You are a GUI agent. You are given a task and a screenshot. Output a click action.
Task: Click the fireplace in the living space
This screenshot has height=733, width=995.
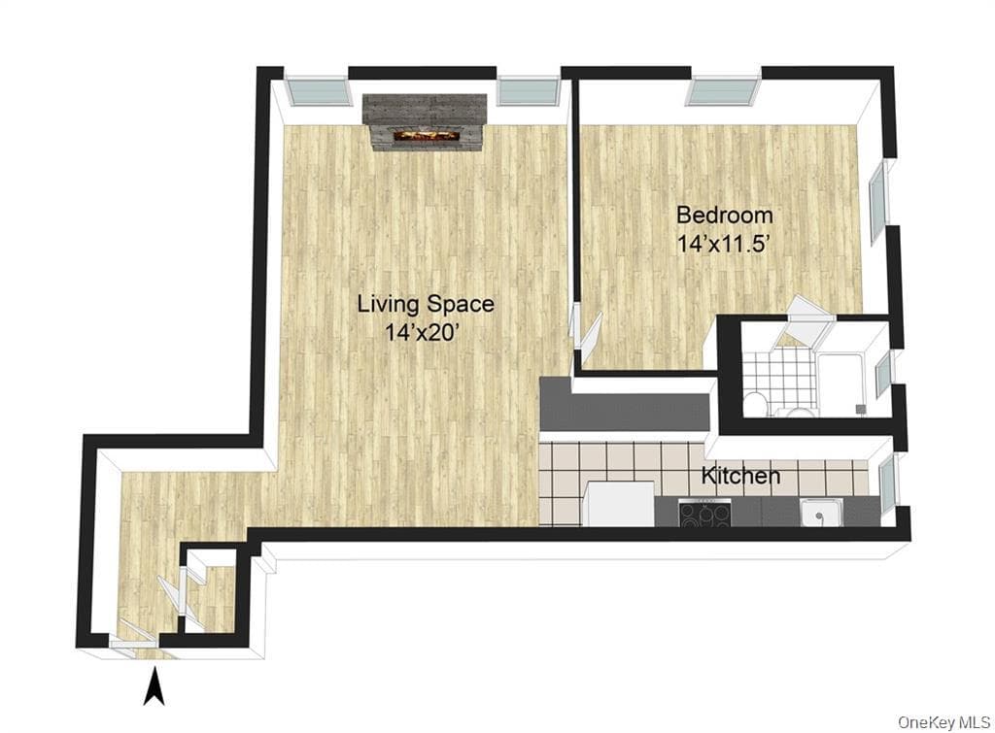[424, 123]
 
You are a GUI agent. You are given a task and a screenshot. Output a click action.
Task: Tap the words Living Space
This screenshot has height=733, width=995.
[426, 304]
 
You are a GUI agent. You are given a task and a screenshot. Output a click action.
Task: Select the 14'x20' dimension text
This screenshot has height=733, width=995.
[422, 332]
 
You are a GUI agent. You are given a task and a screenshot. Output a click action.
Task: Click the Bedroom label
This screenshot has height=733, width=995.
[725, 215]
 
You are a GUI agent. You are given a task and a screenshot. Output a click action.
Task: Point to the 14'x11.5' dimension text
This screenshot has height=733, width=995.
[724, 244]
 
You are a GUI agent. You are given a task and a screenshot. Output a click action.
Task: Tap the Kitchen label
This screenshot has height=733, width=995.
[740, 476]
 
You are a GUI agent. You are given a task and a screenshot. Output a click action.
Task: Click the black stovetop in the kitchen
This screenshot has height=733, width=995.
[705, 513]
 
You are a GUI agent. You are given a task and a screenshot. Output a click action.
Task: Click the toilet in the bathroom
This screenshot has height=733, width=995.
[754, 403]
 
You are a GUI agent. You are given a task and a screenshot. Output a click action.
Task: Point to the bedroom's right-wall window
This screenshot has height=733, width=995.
[877, 196]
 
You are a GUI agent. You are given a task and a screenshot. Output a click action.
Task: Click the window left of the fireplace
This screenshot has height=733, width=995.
[318, 89]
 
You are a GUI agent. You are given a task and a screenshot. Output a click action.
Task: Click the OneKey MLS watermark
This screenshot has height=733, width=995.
[944, 721]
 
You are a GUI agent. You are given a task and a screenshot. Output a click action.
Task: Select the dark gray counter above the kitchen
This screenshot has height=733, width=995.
[623, 405]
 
